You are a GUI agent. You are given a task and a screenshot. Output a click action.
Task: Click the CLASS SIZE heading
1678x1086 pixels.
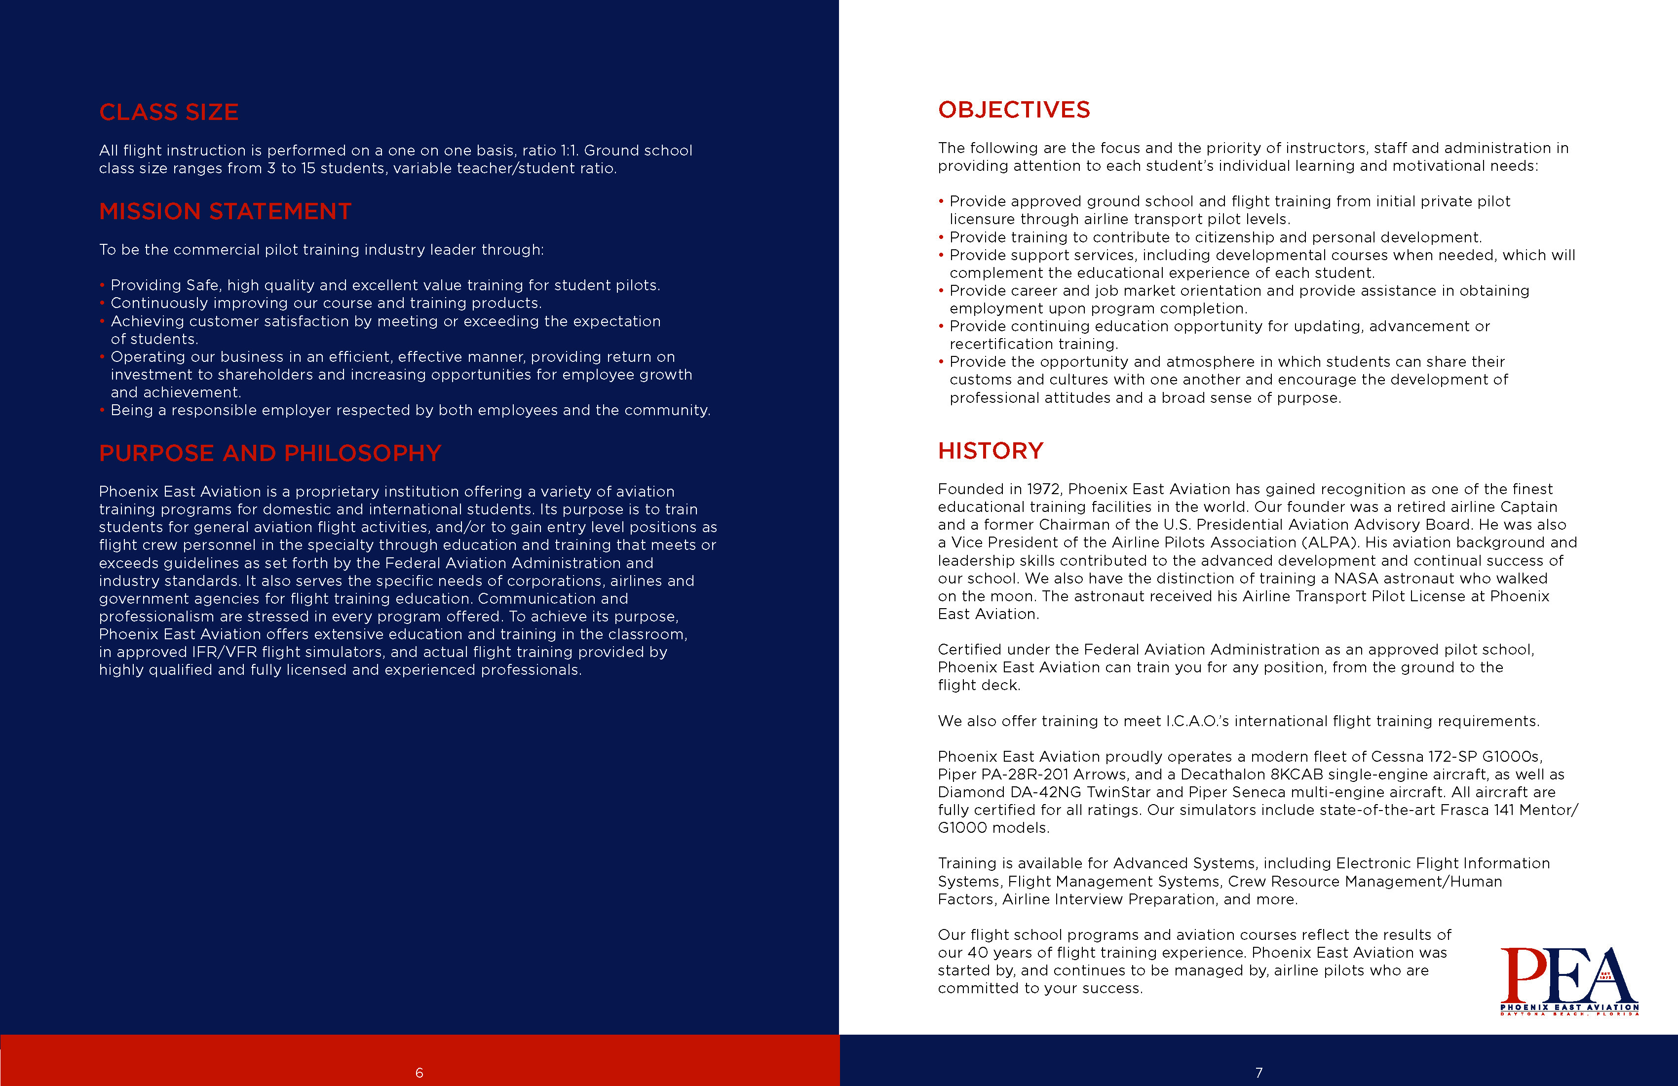pos(168,112)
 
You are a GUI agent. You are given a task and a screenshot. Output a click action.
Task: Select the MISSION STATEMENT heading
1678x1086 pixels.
pos(225,212)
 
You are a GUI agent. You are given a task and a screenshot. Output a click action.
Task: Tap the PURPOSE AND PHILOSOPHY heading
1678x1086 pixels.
pos(270,453)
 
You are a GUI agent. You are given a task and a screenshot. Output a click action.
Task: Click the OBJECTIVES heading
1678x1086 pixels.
pos(1014,110)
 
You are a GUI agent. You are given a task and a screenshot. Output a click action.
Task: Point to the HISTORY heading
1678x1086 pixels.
pos(991,451)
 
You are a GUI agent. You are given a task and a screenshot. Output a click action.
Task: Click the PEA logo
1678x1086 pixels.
pos(1569,980)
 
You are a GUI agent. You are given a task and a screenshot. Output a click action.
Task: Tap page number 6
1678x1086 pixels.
pos(419,1073)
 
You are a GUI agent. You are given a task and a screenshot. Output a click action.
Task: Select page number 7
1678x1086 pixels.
pos(1258,1073)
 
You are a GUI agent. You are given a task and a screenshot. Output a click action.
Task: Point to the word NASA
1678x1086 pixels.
pos(1356,578)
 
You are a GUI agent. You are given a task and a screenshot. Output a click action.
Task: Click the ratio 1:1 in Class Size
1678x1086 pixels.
pos(570,150)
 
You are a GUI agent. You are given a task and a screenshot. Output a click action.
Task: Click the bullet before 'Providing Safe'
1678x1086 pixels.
pos(102,285)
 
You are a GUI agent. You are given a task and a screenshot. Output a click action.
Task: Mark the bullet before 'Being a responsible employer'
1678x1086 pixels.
pos(102,410)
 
